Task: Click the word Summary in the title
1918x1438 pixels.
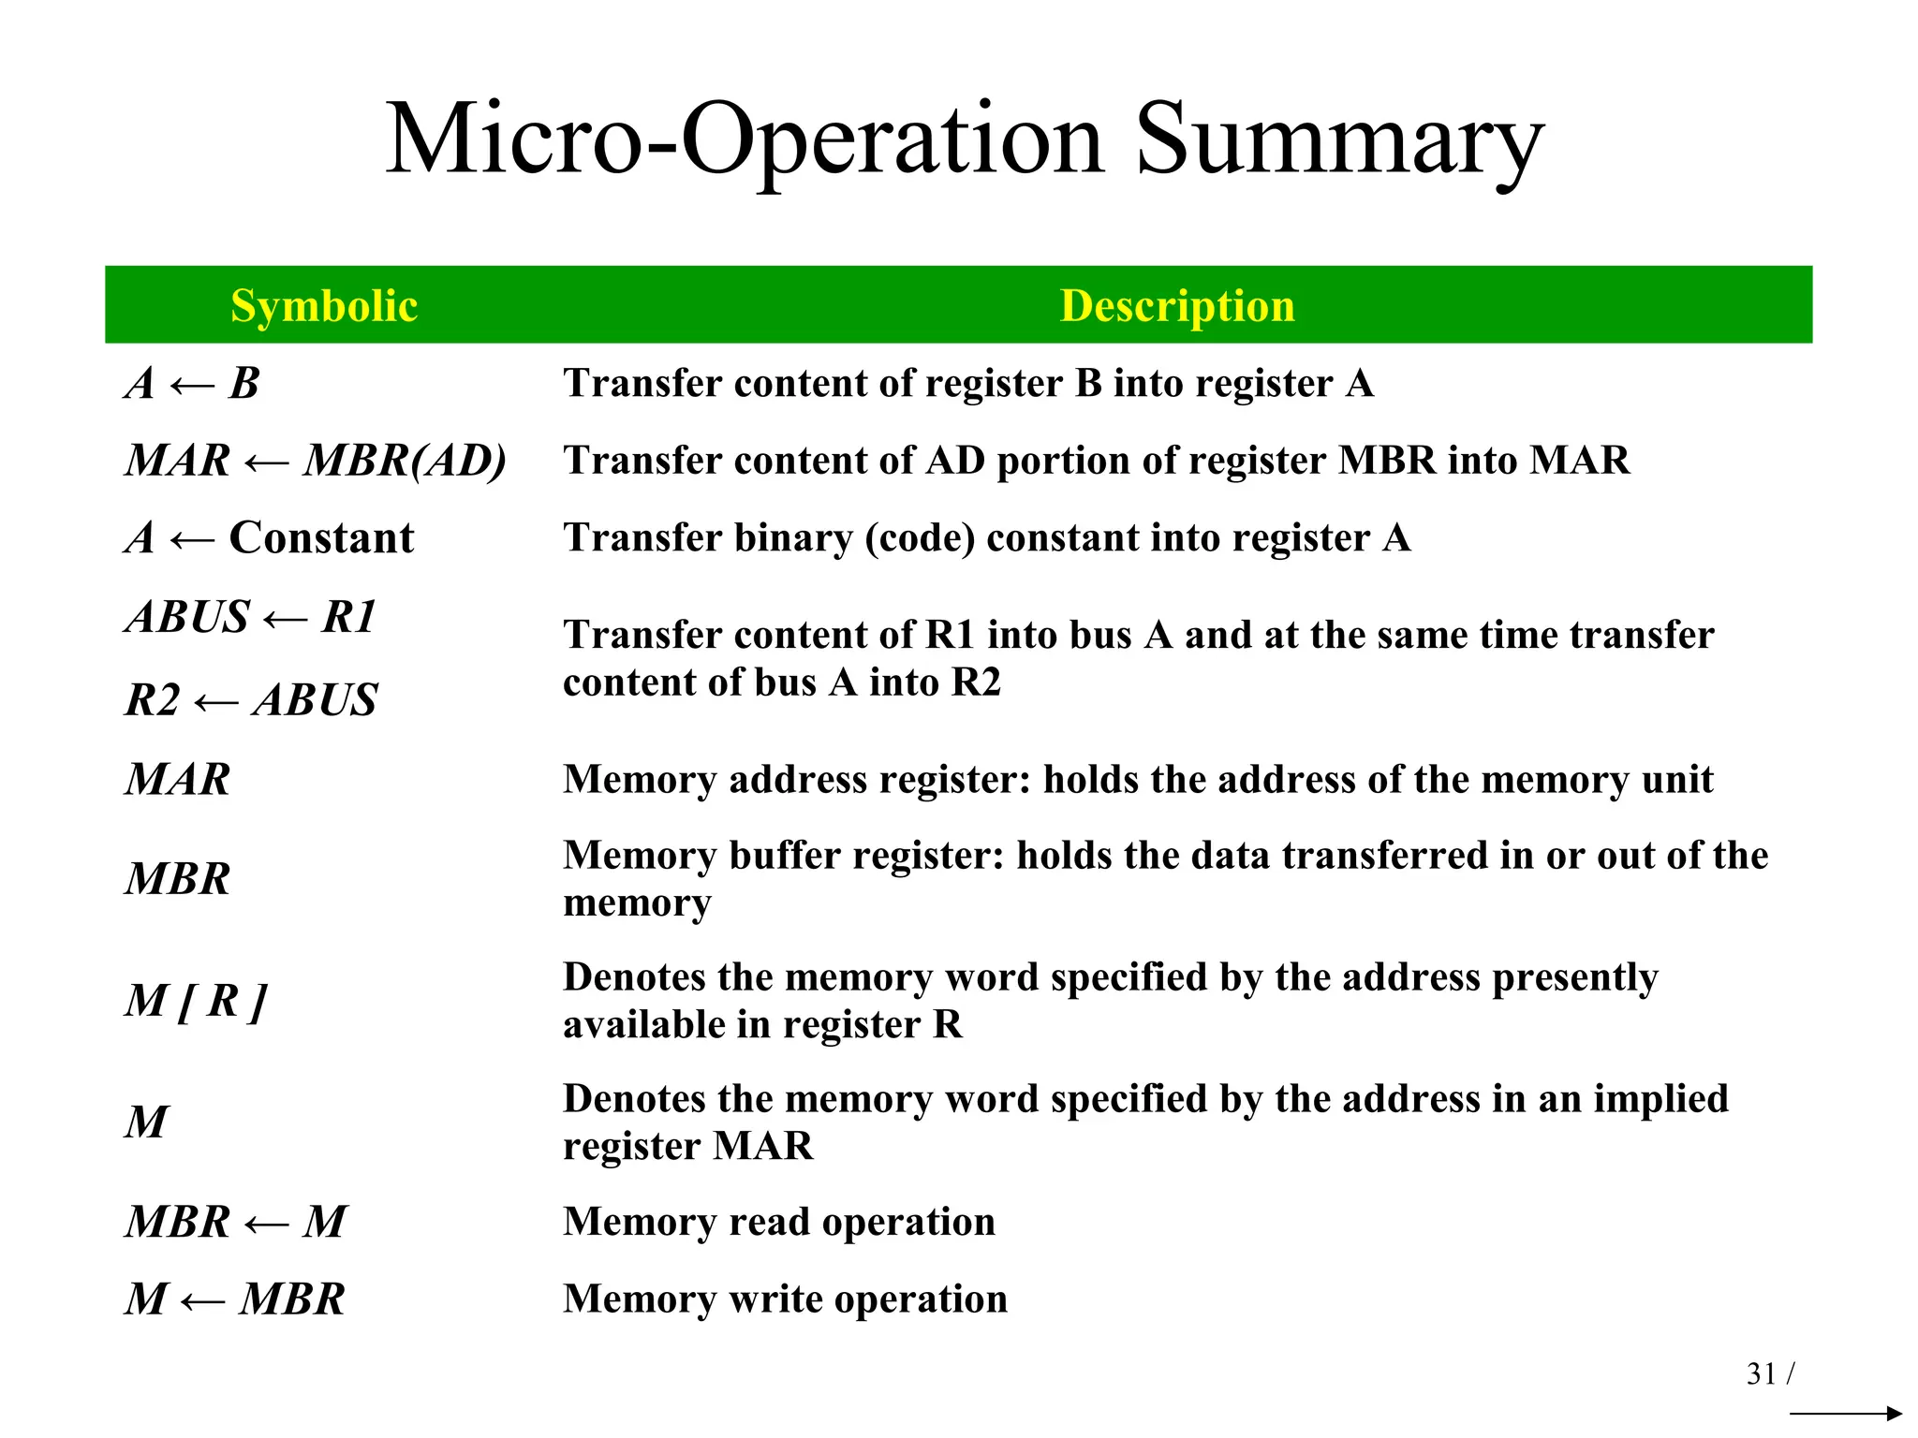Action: [x=1339, y=140]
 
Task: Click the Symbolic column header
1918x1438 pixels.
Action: [x=324, y=306]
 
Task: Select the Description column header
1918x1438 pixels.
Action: [x=1177, y=306]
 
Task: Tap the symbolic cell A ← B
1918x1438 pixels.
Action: [x=192, y=384]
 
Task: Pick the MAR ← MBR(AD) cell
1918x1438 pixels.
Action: [x=316, y=461]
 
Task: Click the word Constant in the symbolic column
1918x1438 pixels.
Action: [x=321, y=538]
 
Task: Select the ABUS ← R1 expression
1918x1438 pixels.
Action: [x=251, y=617]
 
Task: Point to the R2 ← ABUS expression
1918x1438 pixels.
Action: [x=251, y=700]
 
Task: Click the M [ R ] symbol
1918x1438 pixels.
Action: [x=196, y=1001]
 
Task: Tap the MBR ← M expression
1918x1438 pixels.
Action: [x=236, y=1222]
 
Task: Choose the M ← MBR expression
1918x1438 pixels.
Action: [x=235, y=1299]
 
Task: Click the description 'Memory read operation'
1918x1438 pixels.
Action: [x=779, y=1222]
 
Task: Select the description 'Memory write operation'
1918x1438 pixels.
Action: [x=785, y=1299]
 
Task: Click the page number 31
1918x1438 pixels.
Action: [x=1762, y=1373]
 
